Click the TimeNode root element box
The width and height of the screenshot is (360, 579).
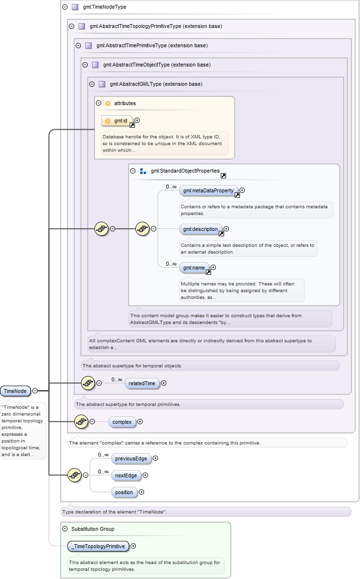tap(15, 391)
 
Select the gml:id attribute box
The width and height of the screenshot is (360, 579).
tap(118, 121)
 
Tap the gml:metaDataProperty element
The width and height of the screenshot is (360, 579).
tap(209, 190)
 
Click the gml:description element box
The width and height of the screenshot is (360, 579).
tap(200, 229)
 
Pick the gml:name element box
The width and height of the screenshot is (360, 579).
tap(194, 268)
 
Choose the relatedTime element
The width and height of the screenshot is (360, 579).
tap(142, 383)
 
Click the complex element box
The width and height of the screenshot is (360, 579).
tap(122, 422)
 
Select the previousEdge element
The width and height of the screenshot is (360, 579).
tap(131, 458)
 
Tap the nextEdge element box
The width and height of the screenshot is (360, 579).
tap(126, 475)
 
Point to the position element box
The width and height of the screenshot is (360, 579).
tap(124, 492)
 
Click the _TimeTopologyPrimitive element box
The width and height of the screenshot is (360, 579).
tap(98, 546)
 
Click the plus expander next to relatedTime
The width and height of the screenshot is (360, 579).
tap(163, 383)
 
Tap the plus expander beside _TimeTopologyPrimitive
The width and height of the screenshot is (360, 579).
tap(133, 546)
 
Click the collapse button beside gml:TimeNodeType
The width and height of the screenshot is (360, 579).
tap(65, 7)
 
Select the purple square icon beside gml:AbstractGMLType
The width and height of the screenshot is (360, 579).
tap(102, 84)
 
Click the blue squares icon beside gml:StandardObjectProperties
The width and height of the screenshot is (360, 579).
tap(143, 171)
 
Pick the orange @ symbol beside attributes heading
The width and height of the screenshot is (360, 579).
tap(108, 103)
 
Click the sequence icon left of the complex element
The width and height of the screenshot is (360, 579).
tap(81, 422)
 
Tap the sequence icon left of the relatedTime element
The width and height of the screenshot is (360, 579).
tap(88, 383)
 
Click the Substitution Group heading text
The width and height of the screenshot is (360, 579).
tap(93, 529)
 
